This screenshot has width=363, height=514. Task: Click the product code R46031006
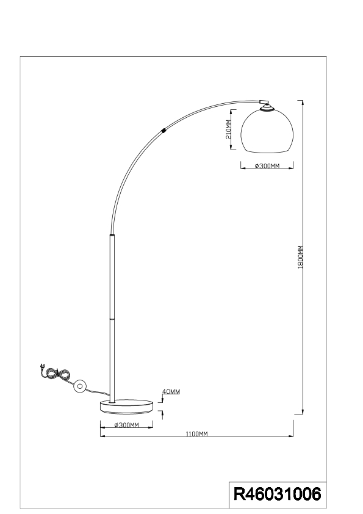tap(277, 494)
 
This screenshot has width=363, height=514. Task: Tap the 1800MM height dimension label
tap(301, 257)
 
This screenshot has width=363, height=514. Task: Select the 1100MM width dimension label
tap(196, 434)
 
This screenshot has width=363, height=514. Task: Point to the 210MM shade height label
tap(228, 129)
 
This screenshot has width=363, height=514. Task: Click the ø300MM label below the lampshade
tap(267, 166)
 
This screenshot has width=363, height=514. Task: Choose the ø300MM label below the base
tap(126, 425)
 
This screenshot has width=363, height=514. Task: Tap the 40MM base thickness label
tap(171, 391)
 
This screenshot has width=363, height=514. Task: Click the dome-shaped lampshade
tap(267, 131)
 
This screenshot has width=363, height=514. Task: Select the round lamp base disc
tap(126, 407)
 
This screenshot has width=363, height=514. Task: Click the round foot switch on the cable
tap(79, 386)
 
